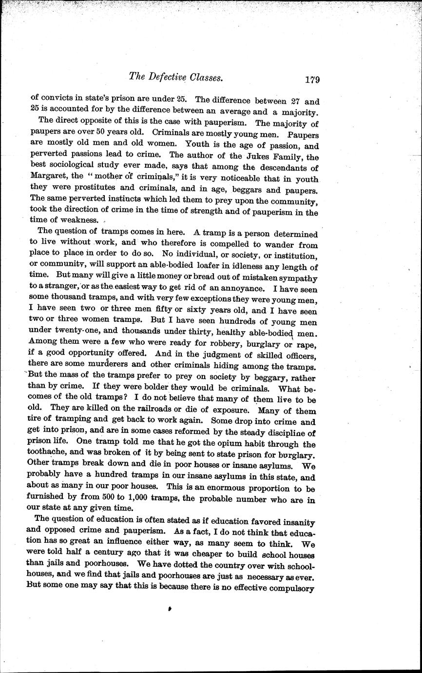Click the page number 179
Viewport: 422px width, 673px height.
[309, 80]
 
